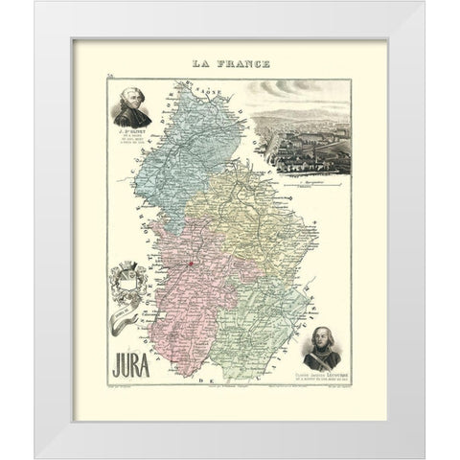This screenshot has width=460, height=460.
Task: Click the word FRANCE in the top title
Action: [241, 64]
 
